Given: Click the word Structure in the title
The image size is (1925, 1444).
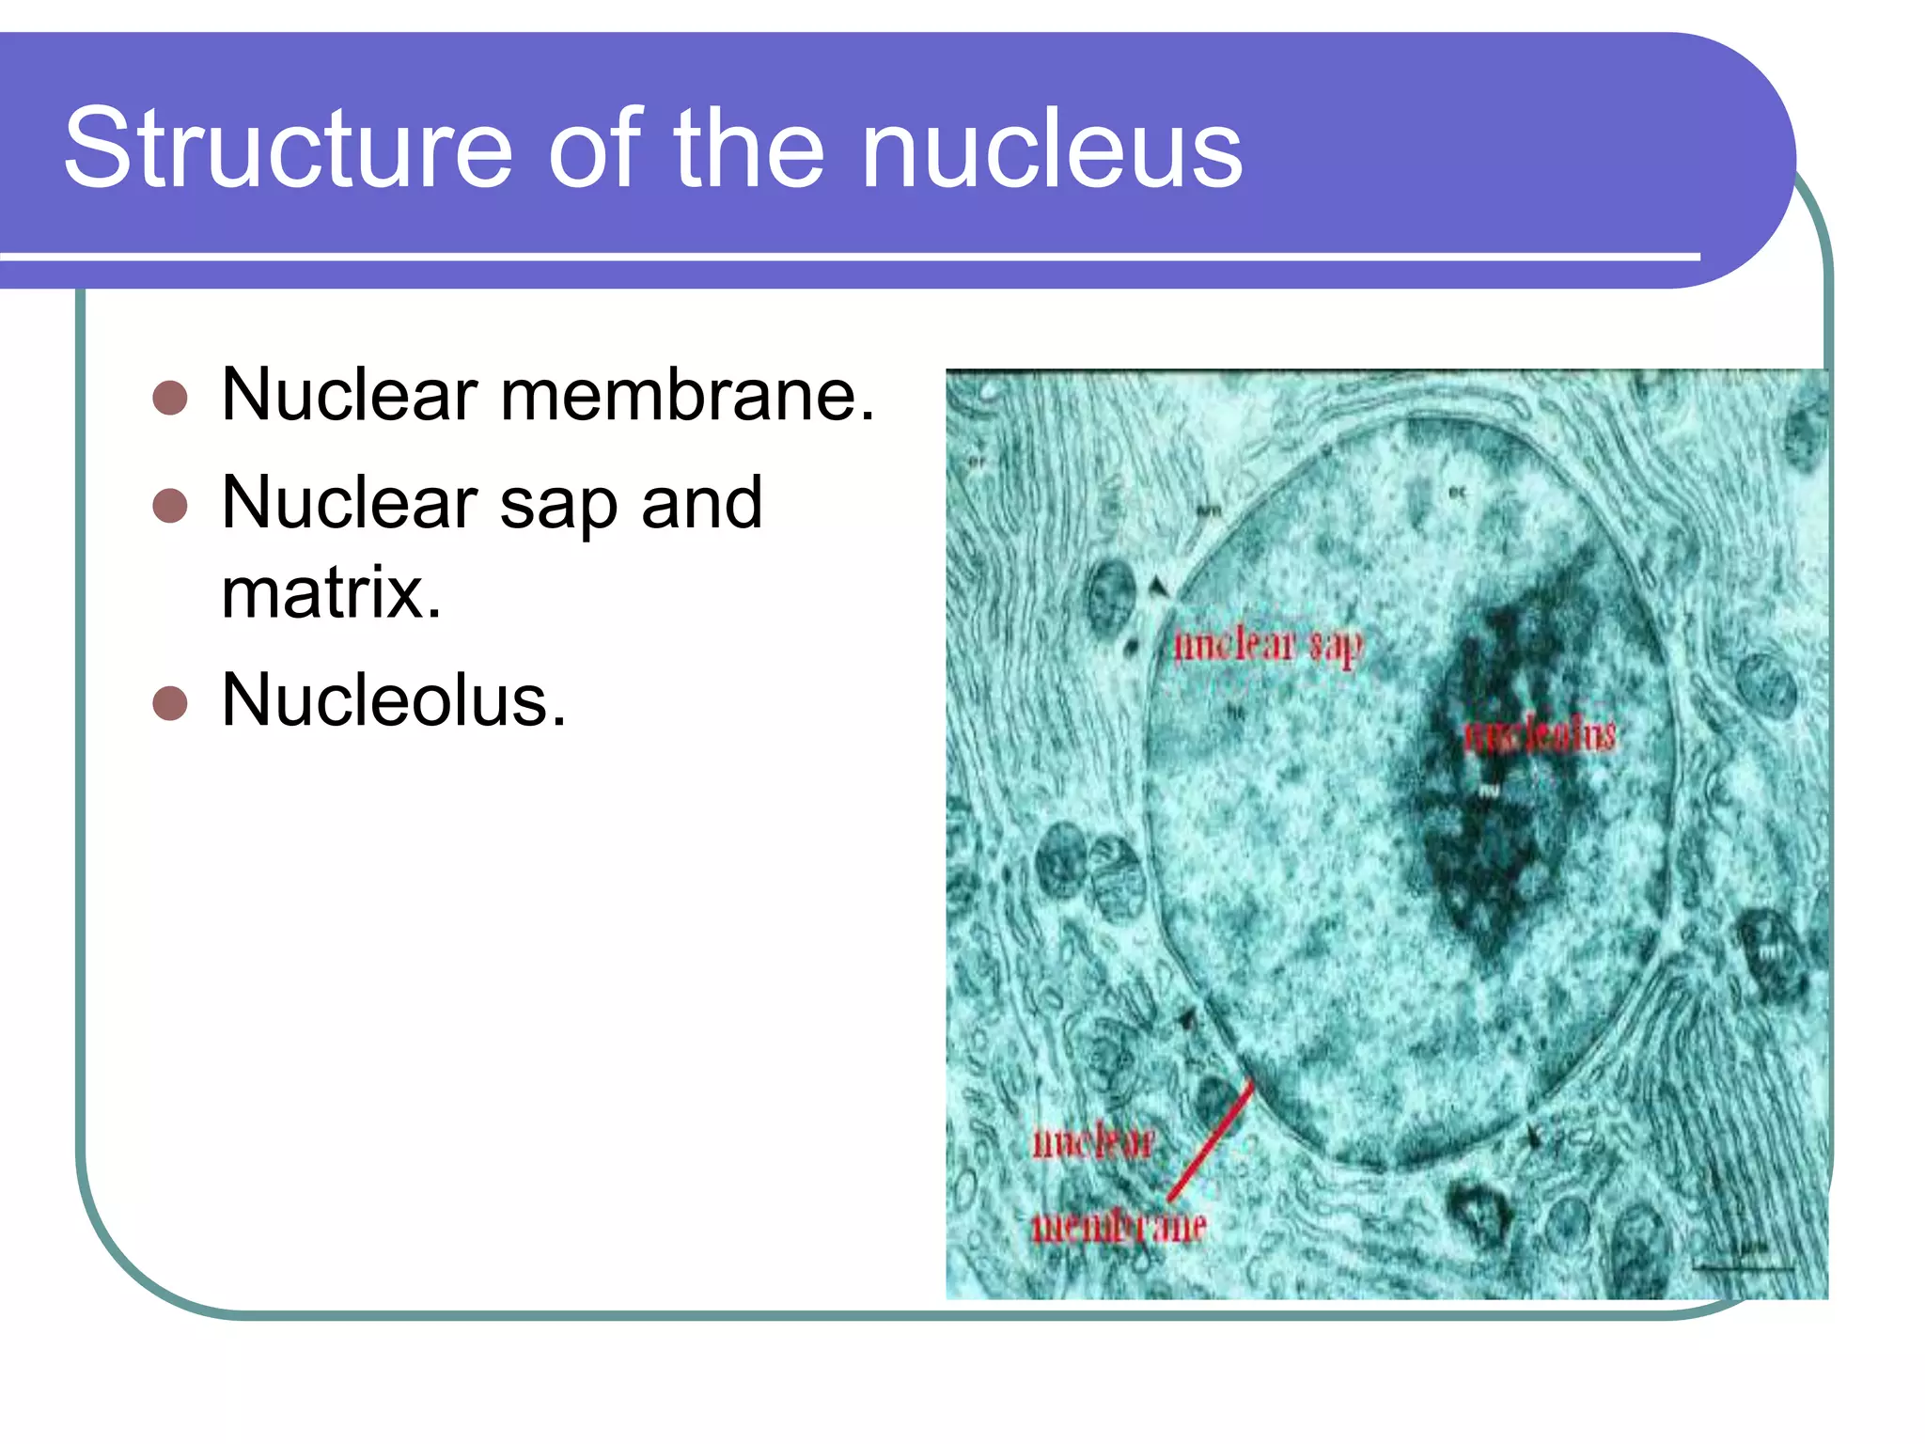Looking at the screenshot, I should pyautogui.click(x=287, y=149).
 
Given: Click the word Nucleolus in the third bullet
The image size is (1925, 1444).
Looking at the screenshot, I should pyautogui.click(x=393, y=700).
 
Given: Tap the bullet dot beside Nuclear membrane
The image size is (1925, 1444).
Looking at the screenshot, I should pyautogui.click(x=170, y=398).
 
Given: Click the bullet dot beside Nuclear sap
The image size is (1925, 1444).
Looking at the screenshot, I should pyautogui.click(x=170, y=506).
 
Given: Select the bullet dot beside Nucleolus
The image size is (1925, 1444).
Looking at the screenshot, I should pyautogui.click(x=170, y=702).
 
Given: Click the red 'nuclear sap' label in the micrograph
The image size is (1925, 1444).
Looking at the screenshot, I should pyautogui.click(x=1267, y=646).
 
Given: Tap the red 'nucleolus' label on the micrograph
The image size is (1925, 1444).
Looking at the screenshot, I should pyautogui.click(x=1541, y=734).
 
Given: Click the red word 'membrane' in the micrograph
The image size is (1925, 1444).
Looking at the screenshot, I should pyautogui.click(x=1119, y=1226).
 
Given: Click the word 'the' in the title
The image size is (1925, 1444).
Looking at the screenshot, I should pyautogui.click(x=748, y=149).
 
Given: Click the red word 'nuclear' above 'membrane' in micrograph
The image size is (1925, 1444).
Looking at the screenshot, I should pyautogui.click(x=1093, y=1143).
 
